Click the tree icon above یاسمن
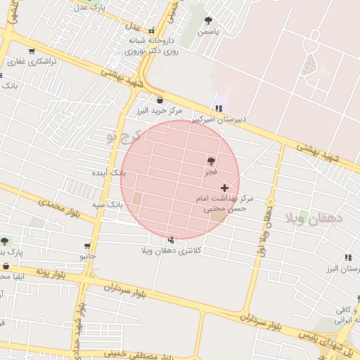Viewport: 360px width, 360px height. coord(208,20)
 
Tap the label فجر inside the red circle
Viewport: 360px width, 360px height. coord(211,172)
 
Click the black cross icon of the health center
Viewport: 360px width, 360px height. coord(225,188)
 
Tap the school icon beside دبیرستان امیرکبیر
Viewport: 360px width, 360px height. coord(219,108)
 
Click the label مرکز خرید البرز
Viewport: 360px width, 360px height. coord(160,110)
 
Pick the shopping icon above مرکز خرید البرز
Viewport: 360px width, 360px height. coord(160,100)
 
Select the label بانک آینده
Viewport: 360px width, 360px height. coord(109,172)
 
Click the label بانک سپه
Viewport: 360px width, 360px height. coord(107,204)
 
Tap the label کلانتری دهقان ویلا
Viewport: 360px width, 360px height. coord(172,250)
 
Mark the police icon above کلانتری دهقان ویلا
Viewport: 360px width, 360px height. coord(171,240)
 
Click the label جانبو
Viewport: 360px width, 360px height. coord(87,257)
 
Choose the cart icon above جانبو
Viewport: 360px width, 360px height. coord(87,246)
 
